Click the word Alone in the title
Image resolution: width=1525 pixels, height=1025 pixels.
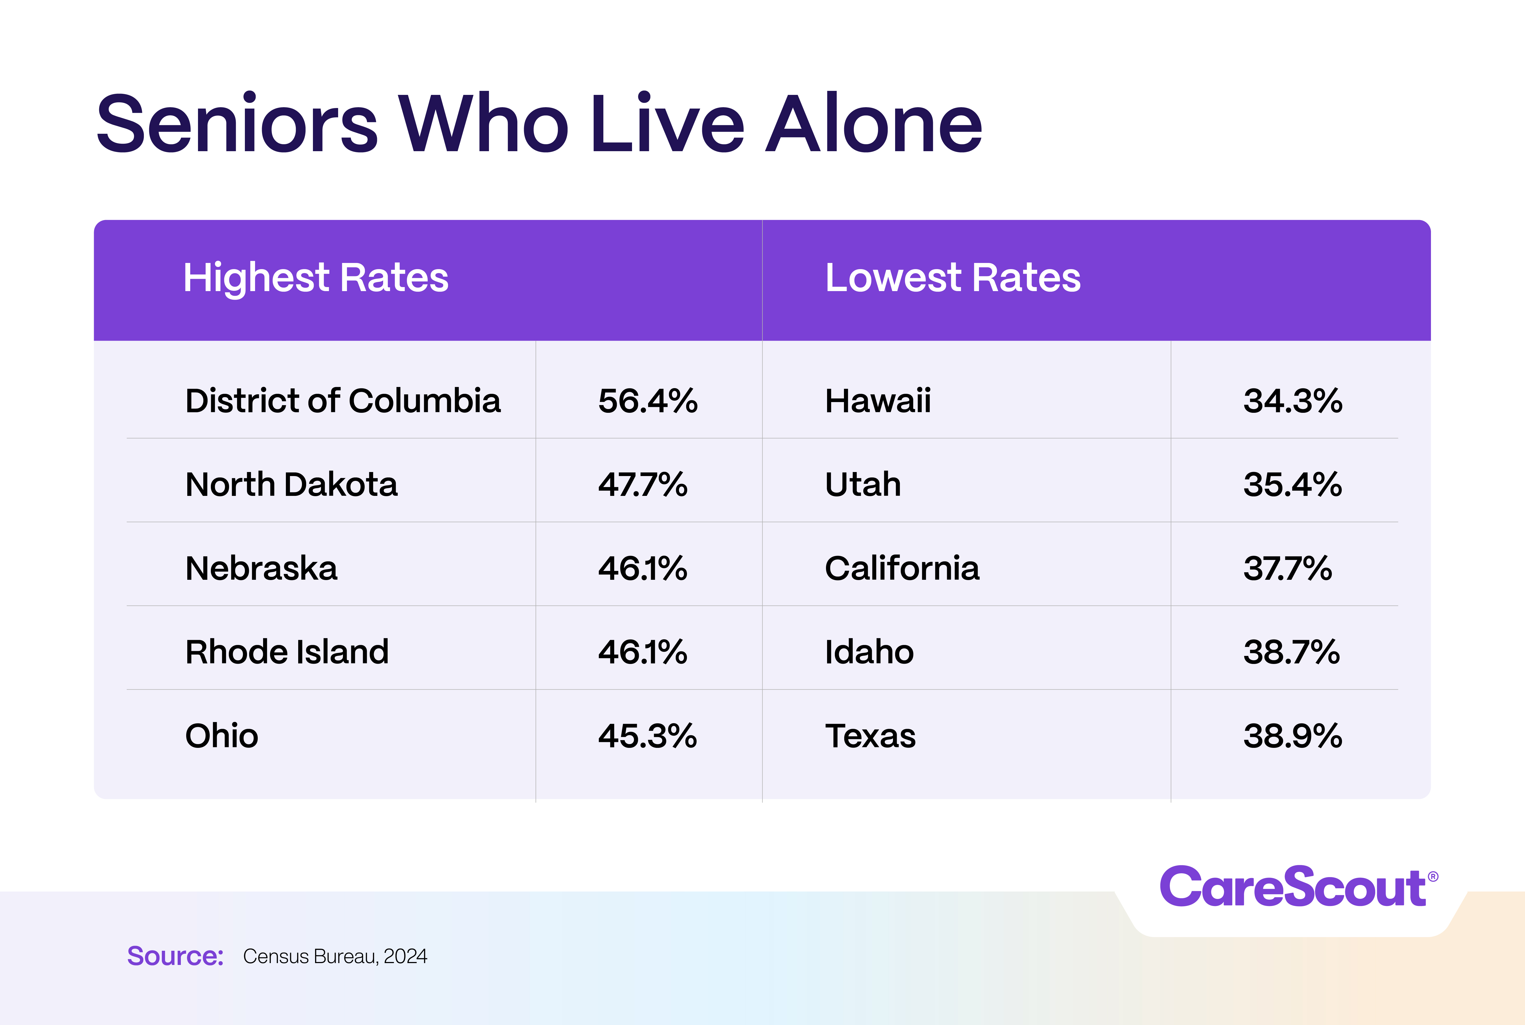coord(874,124)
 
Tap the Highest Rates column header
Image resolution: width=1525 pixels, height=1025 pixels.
coord(316,278)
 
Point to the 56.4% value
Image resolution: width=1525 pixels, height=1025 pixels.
coord(647,401)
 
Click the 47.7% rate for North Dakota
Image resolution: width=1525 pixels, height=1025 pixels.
coord(642,484)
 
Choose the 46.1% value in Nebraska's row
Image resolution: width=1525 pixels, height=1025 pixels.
coord(642,568)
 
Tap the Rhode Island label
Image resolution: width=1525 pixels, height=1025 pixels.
coord(287,652)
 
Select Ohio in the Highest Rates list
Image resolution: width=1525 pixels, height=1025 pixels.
coord(222,736)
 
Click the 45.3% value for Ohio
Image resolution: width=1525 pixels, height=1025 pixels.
coord(647,736)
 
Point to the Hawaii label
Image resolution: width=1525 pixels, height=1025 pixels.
coord(877,401)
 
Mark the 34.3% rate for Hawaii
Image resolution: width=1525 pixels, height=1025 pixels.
coord(1292,401)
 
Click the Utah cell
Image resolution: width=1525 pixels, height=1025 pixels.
coord(862,484)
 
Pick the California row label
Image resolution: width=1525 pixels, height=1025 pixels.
coord(902,568)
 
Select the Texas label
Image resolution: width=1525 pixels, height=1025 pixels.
coord(870,736)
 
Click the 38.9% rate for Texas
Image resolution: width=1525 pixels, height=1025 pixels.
coord(1292,736)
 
